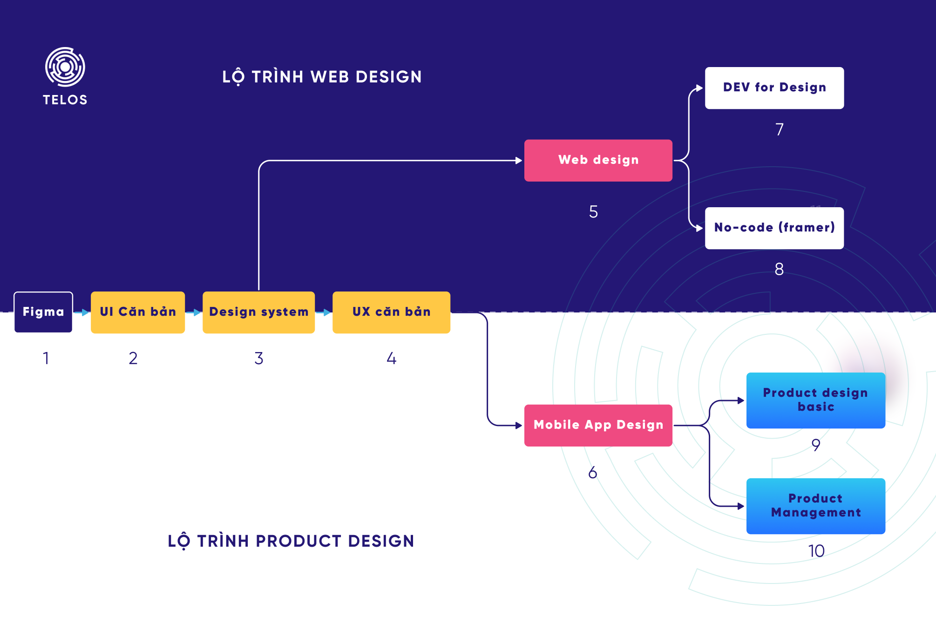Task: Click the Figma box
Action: (43, 312)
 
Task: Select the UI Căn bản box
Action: (138, 312)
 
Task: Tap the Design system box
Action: (258, 312)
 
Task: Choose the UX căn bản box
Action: (391, 312)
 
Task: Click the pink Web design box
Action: (598, 160)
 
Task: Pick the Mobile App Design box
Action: (598, 425)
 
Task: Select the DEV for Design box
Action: (774, 88)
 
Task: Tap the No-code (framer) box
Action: (774, 228)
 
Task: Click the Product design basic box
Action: (815, 400)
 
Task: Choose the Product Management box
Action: (815, 506)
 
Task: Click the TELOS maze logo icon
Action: (65, 67)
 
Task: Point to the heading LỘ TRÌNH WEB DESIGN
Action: (322, 77)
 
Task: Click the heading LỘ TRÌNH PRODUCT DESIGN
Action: (291, 541)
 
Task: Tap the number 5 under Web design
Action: (593, 212)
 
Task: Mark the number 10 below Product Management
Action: (816, 551)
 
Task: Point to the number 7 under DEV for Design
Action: (780, 129)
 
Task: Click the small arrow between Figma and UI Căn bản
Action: (81, 312)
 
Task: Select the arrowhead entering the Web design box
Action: (519, 160)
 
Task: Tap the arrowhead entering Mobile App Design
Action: (519, 425)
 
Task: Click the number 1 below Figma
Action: (46, 358)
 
